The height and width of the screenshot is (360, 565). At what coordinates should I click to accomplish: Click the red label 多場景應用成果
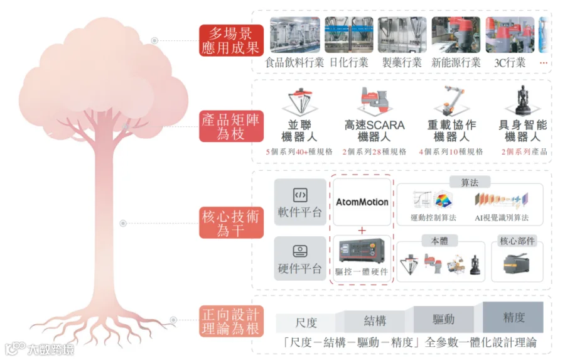point(231,40)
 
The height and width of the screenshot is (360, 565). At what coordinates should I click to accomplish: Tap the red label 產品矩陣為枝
point(231,126)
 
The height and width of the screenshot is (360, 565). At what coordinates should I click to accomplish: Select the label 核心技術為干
point(231,222)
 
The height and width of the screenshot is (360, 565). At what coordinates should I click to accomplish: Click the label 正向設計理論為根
point(231,321)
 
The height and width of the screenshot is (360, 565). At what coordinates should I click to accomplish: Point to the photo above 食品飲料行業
point(295,35)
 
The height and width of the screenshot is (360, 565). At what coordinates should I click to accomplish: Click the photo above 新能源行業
point(456,35)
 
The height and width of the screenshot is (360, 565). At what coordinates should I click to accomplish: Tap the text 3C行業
point(510,63)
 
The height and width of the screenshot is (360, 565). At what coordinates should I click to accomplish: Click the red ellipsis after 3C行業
point(544,63)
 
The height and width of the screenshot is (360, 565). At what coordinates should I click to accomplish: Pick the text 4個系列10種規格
point(451,152)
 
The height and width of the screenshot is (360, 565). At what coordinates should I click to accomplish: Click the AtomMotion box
point(362,202)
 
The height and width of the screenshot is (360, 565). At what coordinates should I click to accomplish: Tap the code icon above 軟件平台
point(300,195)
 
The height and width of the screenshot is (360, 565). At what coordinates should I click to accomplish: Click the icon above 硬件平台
point(300,251)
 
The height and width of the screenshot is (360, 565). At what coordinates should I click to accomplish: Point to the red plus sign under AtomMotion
point(362,230)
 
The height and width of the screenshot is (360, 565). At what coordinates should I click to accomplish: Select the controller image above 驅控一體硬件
point(362,251)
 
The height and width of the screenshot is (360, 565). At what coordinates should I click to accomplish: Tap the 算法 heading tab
point(470,183)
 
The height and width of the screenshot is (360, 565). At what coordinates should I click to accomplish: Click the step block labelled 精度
point(513,317)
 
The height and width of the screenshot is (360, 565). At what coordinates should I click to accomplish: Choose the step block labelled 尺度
point(306,323)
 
